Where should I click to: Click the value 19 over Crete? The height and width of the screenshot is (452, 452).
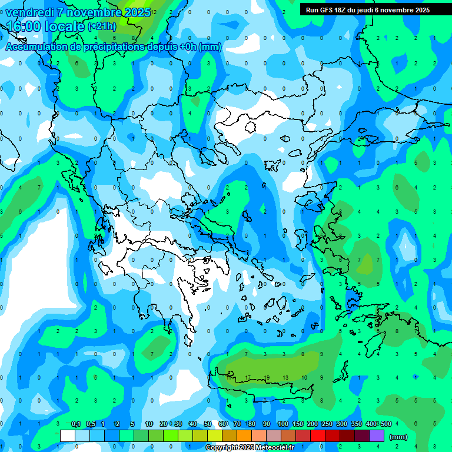point(267,378)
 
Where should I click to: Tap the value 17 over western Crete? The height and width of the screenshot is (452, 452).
point(248,378)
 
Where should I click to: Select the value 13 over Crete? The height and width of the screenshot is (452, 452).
point(285,378)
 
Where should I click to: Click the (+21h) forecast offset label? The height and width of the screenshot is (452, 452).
point(102,26)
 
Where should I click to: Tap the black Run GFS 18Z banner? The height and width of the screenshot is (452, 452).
point(367,9)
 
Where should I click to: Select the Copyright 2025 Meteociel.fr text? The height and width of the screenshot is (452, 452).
point(250,448)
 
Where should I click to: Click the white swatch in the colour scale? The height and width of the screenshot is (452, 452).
point(68,436)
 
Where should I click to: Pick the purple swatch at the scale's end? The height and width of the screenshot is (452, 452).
point(377,436)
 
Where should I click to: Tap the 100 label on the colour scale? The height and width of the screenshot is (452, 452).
point(283,424)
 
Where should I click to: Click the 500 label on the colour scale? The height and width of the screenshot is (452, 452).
point(386,424)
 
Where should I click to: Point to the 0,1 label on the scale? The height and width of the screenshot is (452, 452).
point(76,424)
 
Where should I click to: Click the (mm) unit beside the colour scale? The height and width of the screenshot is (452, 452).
point(398,437)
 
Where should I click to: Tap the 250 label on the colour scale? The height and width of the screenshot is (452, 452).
point(327,424)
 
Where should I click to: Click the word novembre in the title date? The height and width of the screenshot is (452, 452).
point(88,12)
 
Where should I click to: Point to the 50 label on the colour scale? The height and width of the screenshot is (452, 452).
point(207,424)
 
